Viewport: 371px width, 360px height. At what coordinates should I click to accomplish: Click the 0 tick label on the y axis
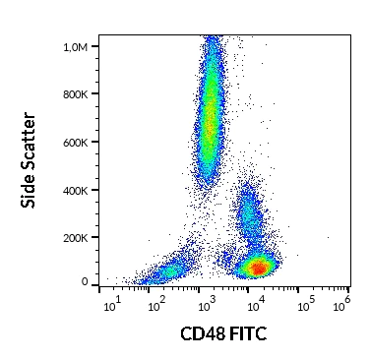[85, 282]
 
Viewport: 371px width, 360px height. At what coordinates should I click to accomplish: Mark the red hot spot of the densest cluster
[258, 266]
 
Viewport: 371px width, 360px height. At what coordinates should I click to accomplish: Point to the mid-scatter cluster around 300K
[249, 213]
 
